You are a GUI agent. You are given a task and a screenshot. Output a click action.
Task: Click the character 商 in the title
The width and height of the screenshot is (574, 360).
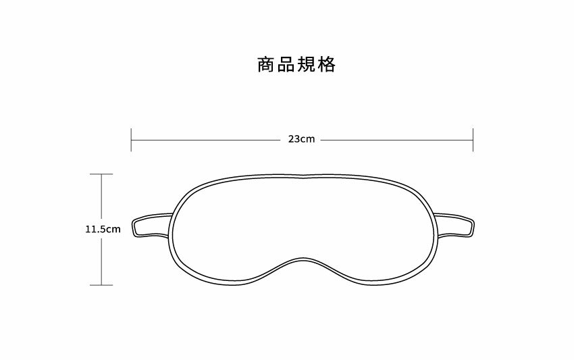pyautogui.click(x=266, y=65)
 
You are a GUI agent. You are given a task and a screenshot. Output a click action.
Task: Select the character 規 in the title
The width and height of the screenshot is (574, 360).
pyautogui.click(x=307, y=65)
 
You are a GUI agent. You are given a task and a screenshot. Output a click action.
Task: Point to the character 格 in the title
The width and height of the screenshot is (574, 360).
pyautogui.click(x=327, y=65)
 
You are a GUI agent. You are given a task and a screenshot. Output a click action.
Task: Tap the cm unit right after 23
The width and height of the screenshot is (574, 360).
pyautogui.click(x=308, y=140)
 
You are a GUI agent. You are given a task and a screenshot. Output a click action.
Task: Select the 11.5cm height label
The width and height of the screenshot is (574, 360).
pyautogui.click(x=103, y=229)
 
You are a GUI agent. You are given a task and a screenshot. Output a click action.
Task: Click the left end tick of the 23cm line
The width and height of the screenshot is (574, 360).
pyautogui.click(x=131, y=140)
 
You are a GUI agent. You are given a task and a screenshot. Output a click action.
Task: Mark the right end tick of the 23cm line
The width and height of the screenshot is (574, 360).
pyautogui.click(x=473, y=140)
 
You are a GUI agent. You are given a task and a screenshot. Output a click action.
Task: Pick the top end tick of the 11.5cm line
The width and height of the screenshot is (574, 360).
pyautogui.click(x=101, y=174)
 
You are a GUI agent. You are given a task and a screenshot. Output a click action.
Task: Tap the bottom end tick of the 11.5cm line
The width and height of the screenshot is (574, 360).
pyautogui.click(x=101, y=285)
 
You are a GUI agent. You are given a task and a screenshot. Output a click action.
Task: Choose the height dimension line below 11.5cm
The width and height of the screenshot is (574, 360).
pyautogui.click(x=101, y=261)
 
